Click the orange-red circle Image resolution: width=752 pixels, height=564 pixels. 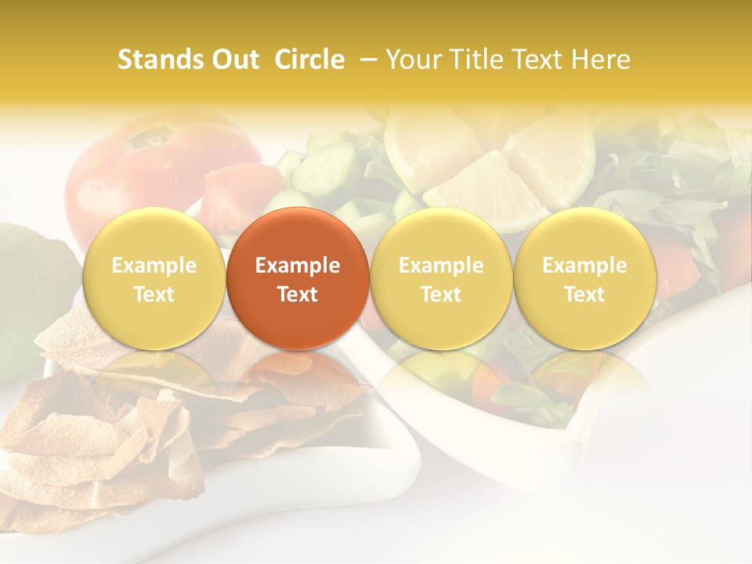pos(298,278)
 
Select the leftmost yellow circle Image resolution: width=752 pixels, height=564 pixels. pos(154,278)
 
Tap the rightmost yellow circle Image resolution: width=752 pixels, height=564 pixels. pos(584,278)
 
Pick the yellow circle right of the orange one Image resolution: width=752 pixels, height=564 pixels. pos(441,278)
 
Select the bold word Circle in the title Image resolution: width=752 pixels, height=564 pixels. pos(309,60)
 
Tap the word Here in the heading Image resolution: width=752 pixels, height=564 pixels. pos(600,60)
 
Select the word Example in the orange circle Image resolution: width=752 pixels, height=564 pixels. pos(298,266)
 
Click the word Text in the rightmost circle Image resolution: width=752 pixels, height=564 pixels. pos(584,295)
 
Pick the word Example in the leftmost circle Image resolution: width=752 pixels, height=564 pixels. pos(154,266)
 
